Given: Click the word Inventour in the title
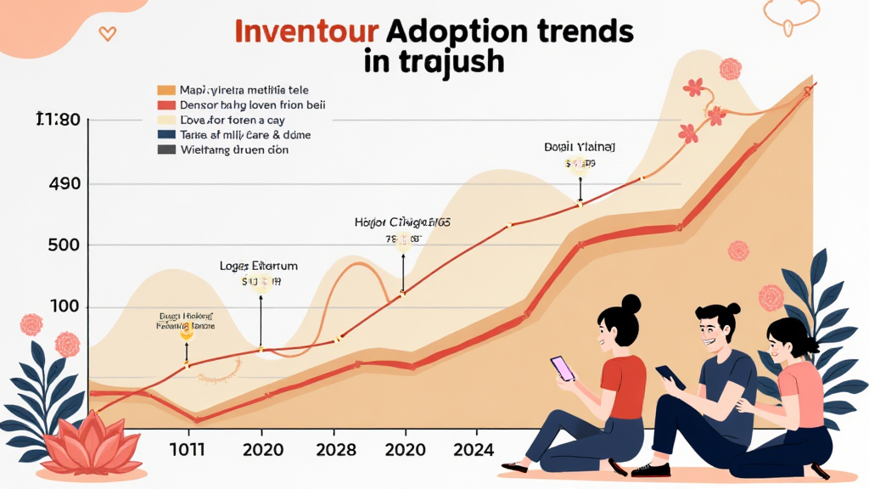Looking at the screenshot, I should coord(305,32).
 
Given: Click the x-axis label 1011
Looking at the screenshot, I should coord(188,449).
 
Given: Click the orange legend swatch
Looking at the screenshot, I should coord(166,89).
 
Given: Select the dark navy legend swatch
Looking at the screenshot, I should coord(166,134).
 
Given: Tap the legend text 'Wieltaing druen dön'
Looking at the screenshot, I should coord(234,150).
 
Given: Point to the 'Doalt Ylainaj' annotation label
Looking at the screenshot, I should coord(580,147).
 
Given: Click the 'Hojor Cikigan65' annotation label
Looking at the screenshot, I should coord(401,222).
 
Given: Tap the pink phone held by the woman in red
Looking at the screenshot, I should coord(563,368).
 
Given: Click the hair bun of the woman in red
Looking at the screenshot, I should coord(631,303).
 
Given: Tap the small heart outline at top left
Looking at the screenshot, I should coord(107,33).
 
